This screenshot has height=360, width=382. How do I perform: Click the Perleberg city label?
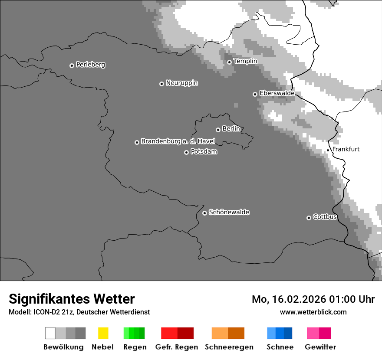pyautogui.click(x=90, y=65)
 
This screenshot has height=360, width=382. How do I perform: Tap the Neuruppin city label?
pyautogui.click(x=181, y=83)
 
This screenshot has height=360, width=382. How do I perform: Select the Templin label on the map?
pyautogui.click(x=245, y=61)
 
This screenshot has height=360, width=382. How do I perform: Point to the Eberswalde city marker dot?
pyautogui.click(x=255, y=94)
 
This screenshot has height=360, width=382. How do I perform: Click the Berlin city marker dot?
pyautogui.click(x=218, y=130)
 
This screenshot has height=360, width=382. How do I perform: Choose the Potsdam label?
pyautogui.click(x=204, y=152)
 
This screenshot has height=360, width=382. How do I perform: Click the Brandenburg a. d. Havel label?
pyautogui.click(x=178, y=141)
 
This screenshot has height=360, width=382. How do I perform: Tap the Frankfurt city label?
pyautogui.click(x=346, y=149)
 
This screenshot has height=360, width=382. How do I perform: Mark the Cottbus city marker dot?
pyautogui.click(x=309, y=218)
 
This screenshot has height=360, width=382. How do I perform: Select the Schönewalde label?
pyautogui.click(x=229, y=212)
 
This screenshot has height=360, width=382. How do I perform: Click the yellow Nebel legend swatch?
pyautogui.click(x=103, y=333)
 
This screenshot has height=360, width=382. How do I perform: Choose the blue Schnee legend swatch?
pyautogui.click(x=280, y=333)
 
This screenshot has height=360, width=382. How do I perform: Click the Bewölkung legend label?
pyautogui.click(x=63, y=347)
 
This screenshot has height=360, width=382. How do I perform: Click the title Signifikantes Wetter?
pyautogui.click(x=72, y=299)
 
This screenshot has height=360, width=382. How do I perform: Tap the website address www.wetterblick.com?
pyautogui.click(x=313, y=312)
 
